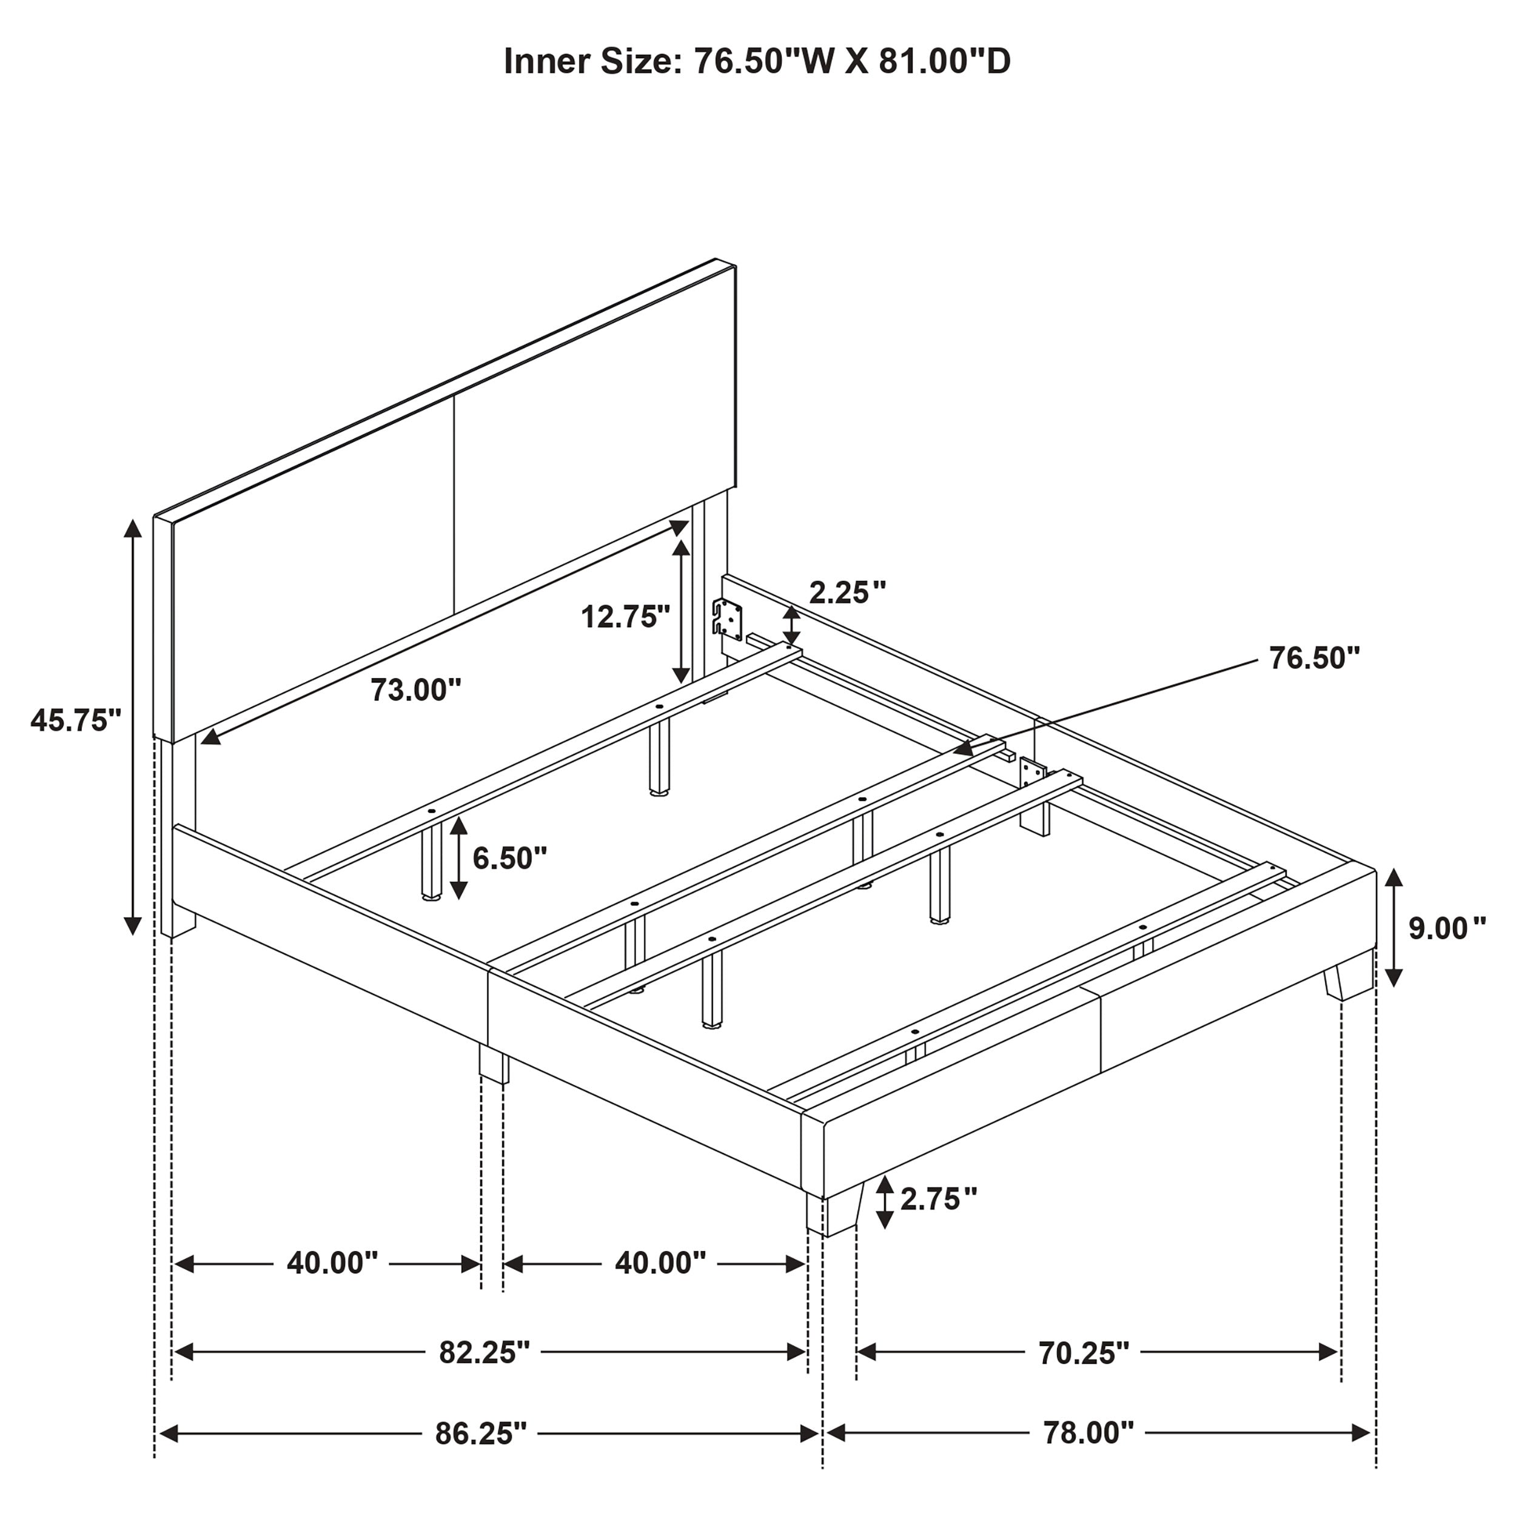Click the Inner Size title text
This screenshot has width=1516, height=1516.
point(757,61)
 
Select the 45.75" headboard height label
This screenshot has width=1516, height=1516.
point(76,720)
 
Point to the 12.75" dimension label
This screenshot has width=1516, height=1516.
point(625,617)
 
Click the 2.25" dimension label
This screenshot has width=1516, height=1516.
point(848,592)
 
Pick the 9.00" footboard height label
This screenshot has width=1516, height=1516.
point(1447,928)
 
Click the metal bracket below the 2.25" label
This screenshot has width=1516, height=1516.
point(728,617)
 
